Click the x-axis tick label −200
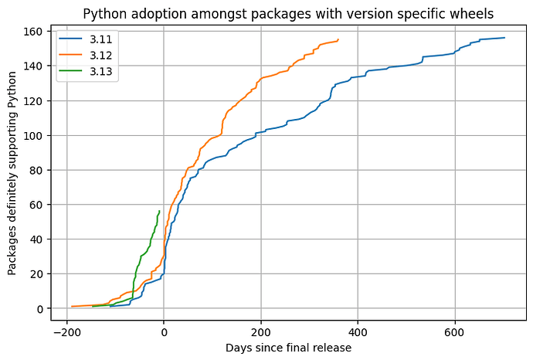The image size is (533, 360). pos(64,332)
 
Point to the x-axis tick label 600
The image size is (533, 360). pos(455,332)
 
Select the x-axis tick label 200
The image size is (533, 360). pos(261,332)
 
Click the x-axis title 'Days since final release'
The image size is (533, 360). pos(288,348)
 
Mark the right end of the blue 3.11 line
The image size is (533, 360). pos(504,38)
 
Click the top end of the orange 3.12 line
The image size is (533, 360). pos(338,39)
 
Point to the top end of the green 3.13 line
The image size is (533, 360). pos(159,210)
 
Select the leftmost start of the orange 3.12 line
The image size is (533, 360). pos(72,307)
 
